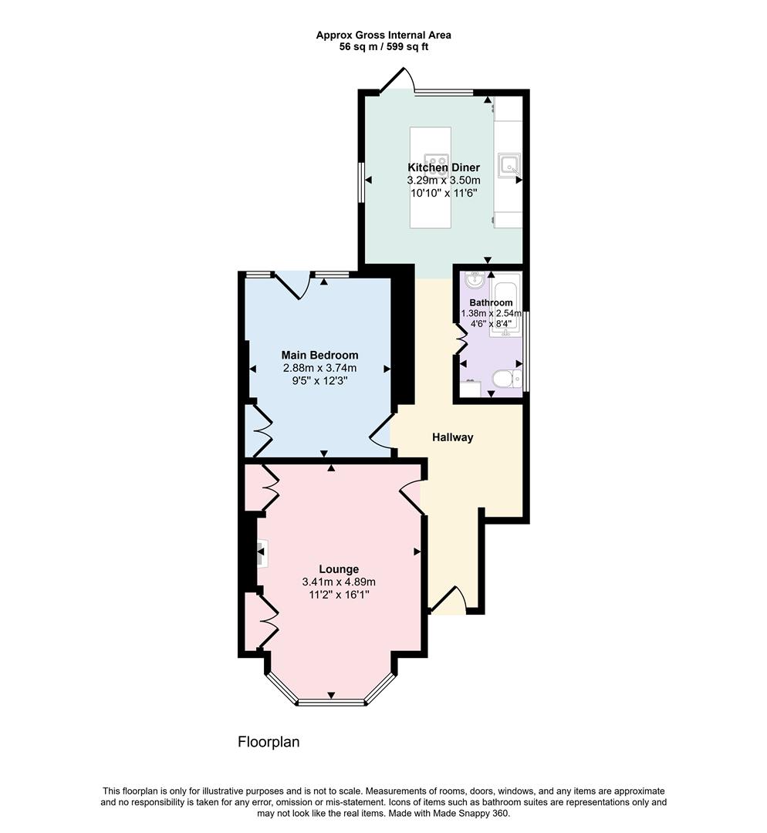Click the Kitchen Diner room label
444,167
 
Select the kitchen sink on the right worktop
509,164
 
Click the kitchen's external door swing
399,80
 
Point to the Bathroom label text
491,302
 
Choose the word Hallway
452,437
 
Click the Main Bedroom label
319,355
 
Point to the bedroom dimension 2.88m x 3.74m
319,368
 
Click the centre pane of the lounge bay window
331,702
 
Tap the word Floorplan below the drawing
268,742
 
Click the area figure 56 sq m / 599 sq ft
383,46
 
